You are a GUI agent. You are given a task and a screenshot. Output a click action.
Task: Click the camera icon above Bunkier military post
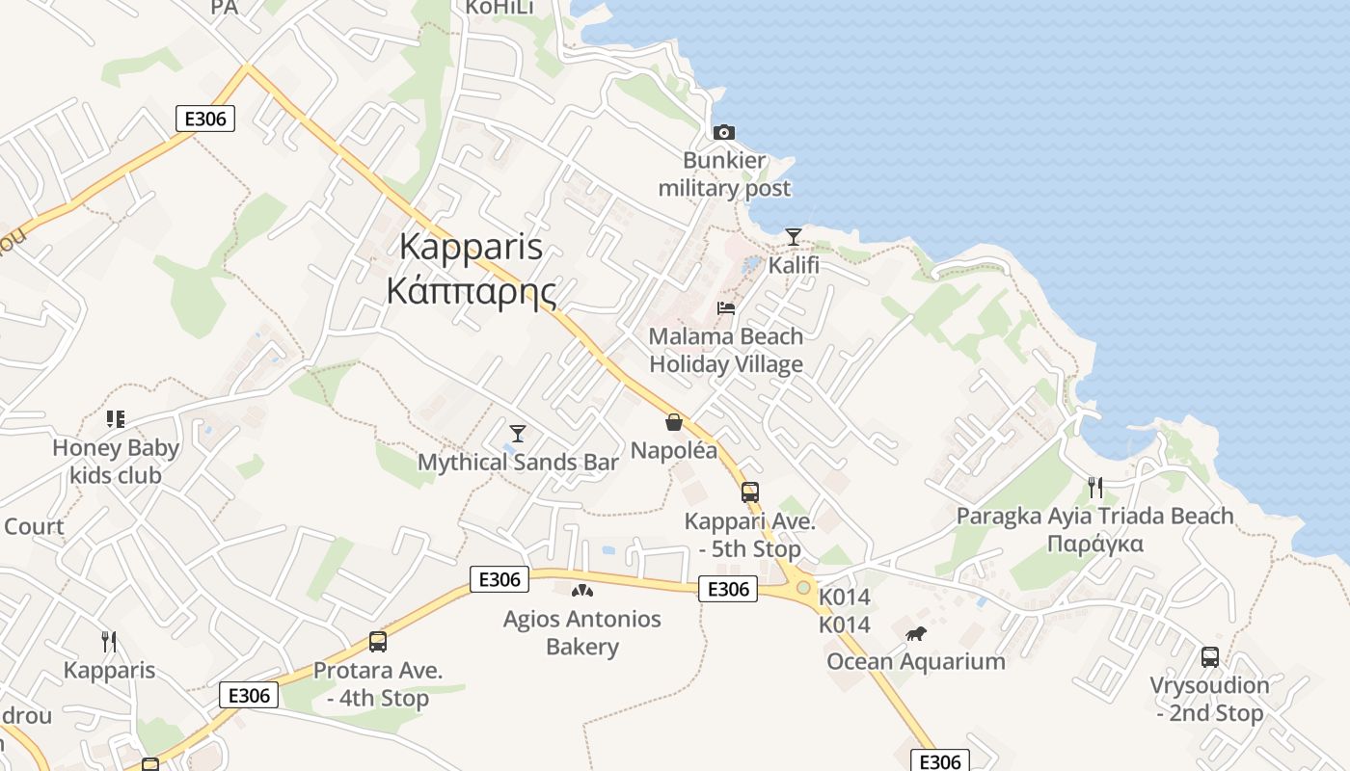pyautogui.click(x=723, y=132)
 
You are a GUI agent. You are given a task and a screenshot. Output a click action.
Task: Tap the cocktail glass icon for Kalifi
pyautogui.click(x=793, y=236)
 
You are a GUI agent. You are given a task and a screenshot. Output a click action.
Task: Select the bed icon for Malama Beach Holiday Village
pyautogui.click(x=726, y=308)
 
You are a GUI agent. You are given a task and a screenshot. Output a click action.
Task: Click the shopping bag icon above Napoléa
pyautogui.click(x=673, y=422)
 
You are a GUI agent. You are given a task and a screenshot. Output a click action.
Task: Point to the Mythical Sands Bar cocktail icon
pyautogui.click(x=518, y=434)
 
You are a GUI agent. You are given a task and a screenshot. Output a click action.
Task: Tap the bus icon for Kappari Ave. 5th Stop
pyautogui.click(x=750, y=492)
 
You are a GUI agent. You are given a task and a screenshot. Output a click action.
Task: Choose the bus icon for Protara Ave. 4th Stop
pyautogui.click(x=378, y=642)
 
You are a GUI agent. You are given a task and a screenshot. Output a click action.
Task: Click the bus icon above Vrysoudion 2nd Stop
pyautogui.click(x=1210, y=657)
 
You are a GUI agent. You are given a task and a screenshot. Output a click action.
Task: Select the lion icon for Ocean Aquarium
pyautogui.click(x=915, y=633)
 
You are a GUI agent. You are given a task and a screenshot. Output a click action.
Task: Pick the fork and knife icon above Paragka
pyautogui.click(x=1094, y=488)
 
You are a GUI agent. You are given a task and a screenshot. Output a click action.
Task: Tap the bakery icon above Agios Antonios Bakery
pyautogui.click(x=581, y=590)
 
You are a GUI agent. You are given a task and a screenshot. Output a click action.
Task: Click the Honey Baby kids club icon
pyautogui.click(x=116, y=419)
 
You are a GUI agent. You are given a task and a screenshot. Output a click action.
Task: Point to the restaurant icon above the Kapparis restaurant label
pyautogui.click(x=109, y=641)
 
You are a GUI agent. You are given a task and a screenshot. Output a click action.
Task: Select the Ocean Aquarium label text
pyautogui.click(x=915, y=661)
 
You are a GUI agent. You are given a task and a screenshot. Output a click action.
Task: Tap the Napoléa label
pyautogui.click(x=674, y=450)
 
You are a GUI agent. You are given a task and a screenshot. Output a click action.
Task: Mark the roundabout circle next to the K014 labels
pyautogui.click(x=802, y=586)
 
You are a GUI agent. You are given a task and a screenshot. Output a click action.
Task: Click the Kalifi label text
pyautogui.click(x=793, y=263)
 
